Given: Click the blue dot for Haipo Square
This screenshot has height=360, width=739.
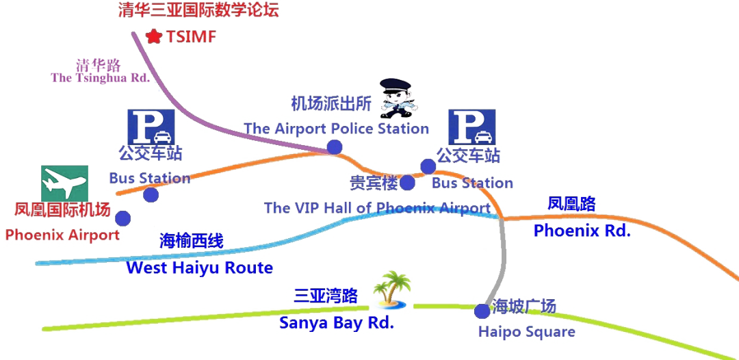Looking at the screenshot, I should pyautogui.click(x=482, y=311).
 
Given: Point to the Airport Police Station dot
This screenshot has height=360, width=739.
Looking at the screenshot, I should pyautogui.click(x=334, y=147).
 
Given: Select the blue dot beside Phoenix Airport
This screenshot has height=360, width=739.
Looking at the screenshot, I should pyautogui.click(x=123, y=218).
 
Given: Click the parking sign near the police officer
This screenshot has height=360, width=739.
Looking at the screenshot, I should pyautogui.click(x=471, y=127).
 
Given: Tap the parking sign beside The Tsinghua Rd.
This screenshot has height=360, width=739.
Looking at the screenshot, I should pyautogui.click(x=151, y=127).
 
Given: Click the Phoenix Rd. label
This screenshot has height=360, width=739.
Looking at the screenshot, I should pyautogui.click(x=580, y=231).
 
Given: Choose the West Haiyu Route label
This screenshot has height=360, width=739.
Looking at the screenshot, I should pyautogui.click(x=200, y=268).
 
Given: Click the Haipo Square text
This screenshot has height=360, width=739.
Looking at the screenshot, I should pyautogui.click(x=526, y=333).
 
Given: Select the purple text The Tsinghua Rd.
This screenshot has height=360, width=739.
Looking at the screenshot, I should pyautogui.click(x=99, y=78).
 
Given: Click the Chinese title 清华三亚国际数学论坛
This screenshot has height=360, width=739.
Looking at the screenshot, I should pyautogui.click(x=199, y=10).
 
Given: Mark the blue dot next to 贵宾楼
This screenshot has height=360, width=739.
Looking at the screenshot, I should pyautogui.click(x=407, y=183).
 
